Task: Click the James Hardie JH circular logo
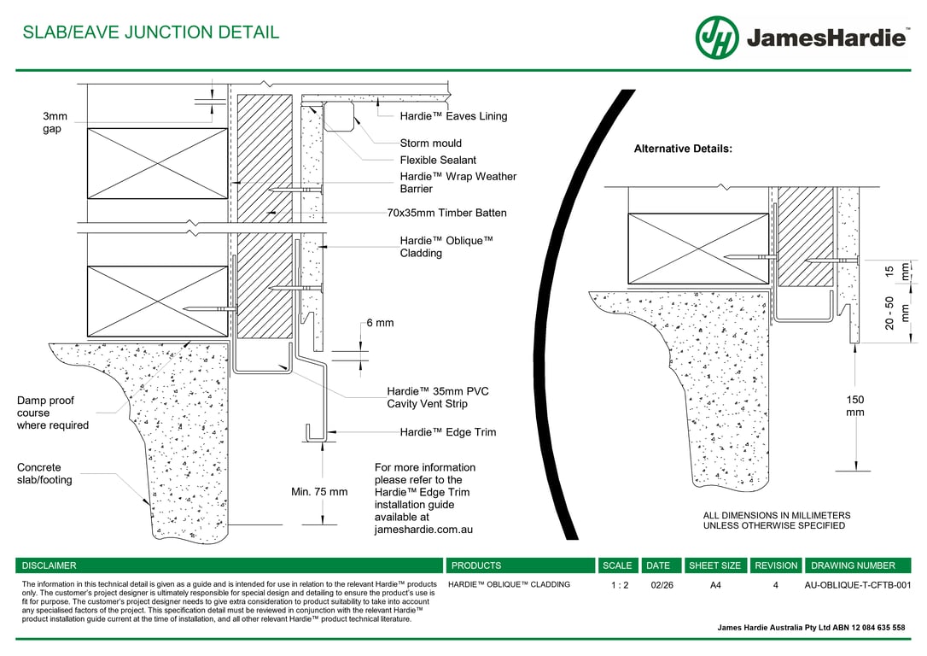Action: pyautogui.click(x=716, y=38)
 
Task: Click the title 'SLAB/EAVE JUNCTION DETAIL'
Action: pyautogui.click(x=151, y=32)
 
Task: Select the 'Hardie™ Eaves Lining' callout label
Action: pyautogui.click(x=453, y=116)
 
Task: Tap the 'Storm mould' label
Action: pyautogui.click(x=430, y=143)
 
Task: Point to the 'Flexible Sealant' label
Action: pyautogui.click(x=438, y=161)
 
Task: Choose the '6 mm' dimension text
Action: pyautogui.click(x=380, y=323)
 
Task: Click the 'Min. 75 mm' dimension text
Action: pyautogui.click(x=319, y=492)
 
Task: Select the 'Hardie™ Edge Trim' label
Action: pyautogui.click(x=447, y=432)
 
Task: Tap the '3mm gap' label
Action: pyautogui.click(x=55, y=122)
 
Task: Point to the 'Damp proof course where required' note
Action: pyautogui.click(x=53, y=413)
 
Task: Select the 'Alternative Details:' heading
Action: pyautogui.click(x=683, y=149)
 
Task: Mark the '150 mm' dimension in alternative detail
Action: pyautogui.click(x=854, y=406)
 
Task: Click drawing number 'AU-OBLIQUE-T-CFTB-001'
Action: pyautogui.click(x=858, y=585)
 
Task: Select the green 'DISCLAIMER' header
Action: pyautogui.click(x=49, y=565)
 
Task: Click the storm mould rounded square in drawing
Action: pyautogui.click(x=338, y=116)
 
